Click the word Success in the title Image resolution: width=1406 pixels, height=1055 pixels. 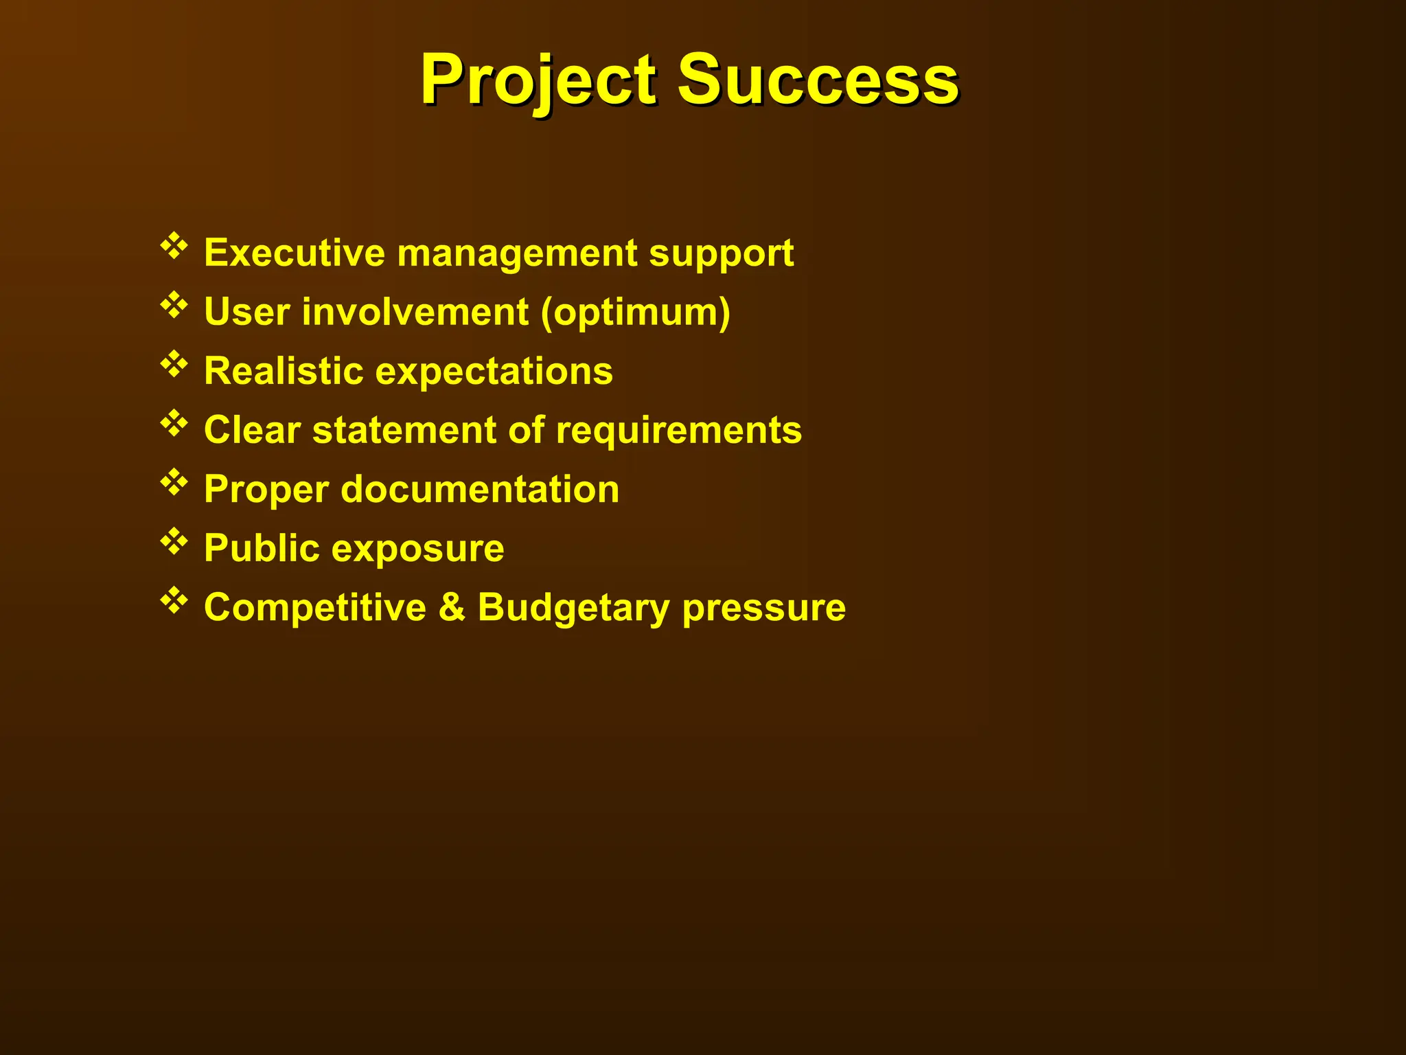coord(818,80)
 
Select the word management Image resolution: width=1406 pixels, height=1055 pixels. coord(518,254)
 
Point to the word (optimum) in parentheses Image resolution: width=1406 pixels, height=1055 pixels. coord(636,313)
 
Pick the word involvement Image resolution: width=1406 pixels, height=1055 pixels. coord(415,312)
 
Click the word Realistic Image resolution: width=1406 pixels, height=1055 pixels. coord(284,371)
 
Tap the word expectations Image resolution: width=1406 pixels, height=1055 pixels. coord(494,372)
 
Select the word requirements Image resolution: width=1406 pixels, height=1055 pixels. coord(678,431)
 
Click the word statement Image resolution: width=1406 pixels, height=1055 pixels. coord(404,430)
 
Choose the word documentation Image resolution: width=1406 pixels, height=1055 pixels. coord(480,489)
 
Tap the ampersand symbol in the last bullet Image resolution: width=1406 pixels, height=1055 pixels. coord(452,607)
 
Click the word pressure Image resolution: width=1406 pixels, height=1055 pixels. coord(763,609)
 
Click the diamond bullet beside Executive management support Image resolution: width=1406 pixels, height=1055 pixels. coord(174,246)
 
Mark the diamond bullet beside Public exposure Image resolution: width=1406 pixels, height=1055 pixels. coord(174,541)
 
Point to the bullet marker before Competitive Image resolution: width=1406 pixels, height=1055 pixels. coord(174,600)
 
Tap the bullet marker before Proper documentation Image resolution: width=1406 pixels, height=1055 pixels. coord(174,482)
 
